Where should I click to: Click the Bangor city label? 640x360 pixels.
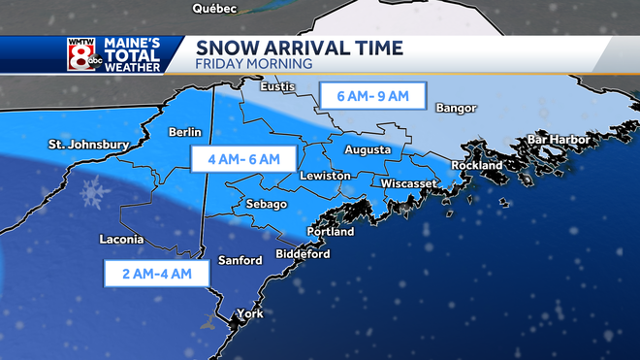457,108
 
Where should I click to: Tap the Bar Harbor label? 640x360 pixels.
558,140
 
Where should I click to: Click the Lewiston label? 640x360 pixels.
323,176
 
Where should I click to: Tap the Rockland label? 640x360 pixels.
477,166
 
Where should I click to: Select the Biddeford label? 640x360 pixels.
304,254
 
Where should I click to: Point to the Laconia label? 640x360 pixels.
122,240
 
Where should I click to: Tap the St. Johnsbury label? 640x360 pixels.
88,146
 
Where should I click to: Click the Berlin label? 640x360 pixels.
184,132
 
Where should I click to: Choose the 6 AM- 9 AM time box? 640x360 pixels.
371,96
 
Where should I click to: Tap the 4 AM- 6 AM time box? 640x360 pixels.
236,158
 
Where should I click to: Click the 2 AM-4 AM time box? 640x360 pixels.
156,274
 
